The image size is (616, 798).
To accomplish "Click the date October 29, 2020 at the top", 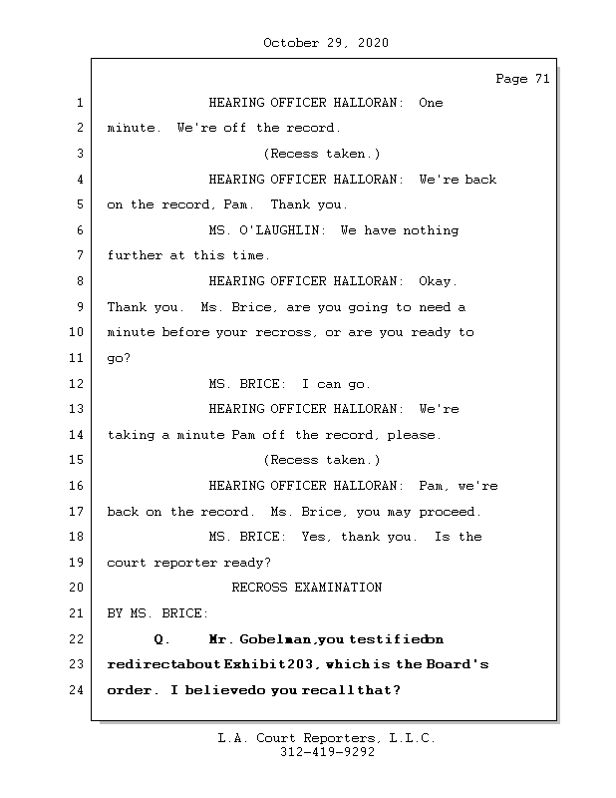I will tap(326, 43).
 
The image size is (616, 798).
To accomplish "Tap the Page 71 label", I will tap(521, 80).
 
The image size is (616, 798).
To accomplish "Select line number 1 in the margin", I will tap(79, 103).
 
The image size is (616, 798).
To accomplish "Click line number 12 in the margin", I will tap(76, 384).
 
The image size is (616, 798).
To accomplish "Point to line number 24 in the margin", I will tap(76, 690).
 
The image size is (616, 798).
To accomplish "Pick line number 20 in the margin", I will tap(76, 588).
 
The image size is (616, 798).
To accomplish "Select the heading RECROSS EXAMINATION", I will tap(306, 588).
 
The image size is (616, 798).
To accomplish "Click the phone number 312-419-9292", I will tap(326, 753).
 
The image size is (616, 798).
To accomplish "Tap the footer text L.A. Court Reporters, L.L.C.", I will tap(326, 739).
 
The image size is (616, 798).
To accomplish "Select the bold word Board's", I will tap(458, 664).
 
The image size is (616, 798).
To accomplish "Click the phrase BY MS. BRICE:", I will tap(157, 613).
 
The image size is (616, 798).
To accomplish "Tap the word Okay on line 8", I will tap(439, 281).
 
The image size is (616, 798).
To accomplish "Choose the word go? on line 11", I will tap(119, 358).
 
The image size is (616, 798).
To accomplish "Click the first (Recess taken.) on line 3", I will tap(321, 154).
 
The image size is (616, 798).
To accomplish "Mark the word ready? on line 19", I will tap(248, 563).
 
